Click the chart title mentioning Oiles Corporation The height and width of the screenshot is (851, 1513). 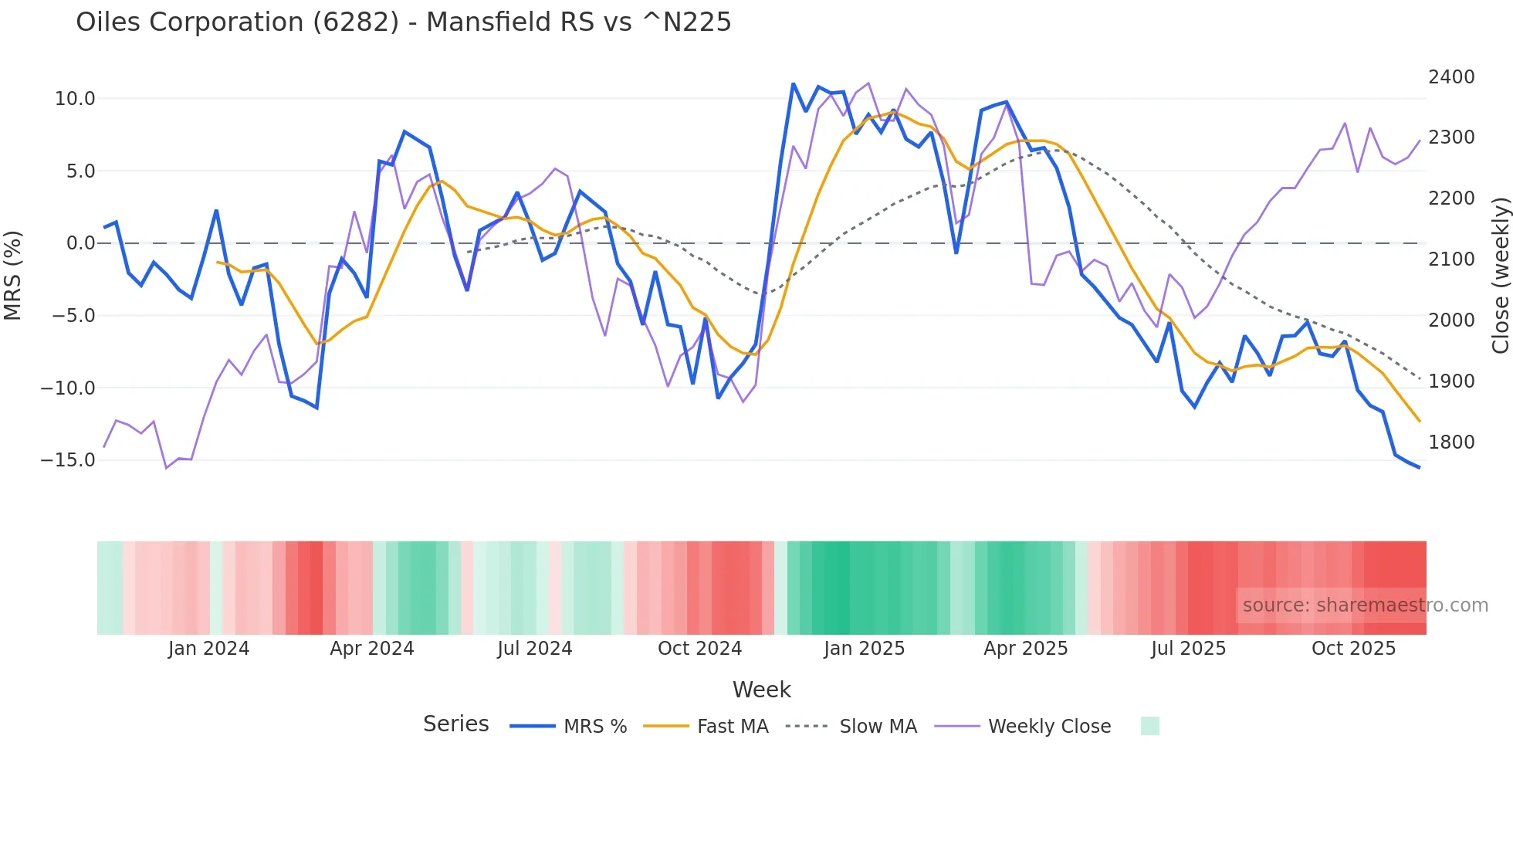(403, 22)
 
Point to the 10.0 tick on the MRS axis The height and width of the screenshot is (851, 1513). (75, 99)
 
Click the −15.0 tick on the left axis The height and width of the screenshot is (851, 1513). (68, 460)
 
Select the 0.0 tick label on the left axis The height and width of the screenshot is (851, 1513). (80, 243)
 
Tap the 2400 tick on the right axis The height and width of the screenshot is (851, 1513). (1451, 77)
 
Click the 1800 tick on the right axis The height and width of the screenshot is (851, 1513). (1451, 442)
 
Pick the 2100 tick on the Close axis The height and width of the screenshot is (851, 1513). (1451, 259)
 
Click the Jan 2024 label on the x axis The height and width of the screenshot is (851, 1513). (208, 649)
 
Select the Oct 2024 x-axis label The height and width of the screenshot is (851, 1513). (699, 649)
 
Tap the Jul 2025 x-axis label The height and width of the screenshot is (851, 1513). (1188, 649)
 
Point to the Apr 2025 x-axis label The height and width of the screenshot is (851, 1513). (1025, 649)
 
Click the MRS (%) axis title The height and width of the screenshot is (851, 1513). (13, 275)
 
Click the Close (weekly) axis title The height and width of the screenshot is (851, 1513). (1500, 276)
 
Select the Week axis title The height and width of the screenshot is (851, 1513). (761, 690)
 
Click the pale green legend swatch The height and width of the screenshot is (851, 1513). (1149, 726)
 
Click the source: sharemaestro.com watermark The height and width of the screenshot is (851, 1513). (1365, 605)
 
